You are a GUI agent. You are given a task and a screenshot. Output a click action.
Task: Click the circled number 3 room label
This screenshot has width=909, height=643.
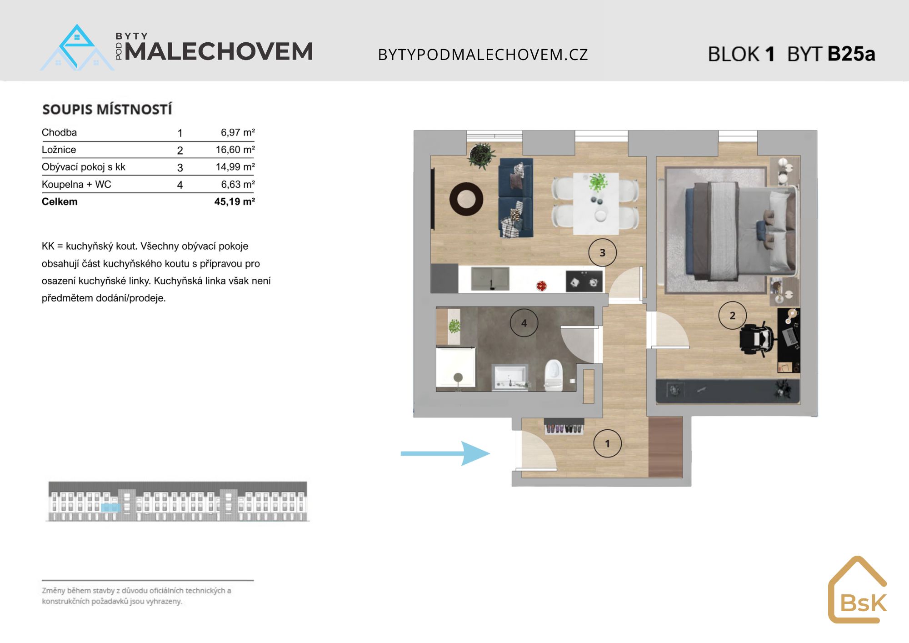[602, 252]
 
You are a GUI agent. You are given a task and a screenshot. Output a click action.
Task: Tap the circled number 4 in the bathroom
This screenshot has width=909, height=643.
[524, 323]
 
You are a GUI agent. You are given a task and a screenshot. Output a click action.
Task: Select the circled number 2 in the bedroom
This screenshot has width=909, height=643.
[732, 315]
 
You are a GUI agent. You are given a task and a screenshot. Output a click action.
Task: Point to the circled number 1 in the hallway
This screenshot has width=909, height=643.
[607, 443]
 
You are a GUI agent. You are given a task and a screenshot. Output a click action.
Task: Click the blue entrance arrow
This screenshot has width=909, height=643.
[445, 453]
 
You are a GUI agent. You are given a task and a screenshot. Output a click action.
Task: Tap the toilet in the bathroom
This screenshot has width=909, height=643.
[553, 375]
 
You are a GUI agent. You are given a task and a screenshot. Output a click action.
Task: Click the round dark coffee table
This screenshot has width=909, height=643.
[466, 199]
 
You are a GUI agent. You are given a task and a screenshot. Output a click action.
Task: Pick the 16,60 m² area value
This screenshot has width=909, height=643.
[235, 150]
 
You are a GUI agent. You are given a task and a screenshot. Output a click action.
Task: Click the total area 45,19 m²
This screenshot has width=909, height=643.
[235, 201]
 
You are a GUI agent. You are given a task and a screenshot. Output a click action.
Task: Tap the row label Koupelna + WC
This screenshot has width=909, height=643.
[76, 184]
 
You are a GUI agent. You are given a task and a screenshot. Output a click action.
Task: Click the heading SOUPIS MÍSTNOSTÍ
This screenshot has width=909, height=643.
[107, 109]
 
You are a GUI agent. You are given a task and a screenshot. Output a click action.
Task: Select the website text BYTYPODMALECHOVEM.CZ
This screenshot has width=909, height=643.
[483, 55]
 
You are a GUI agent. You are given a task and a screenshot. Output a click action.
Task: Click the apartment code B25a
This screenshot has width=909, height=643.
[851, 54]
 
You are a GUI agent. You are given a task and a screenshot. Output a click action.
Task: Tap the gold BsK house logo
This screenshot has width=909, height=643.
[857, 589]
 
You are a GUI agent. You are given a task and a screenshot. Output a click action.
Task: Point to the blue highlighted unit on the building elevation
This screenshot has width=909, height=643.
[110, 507]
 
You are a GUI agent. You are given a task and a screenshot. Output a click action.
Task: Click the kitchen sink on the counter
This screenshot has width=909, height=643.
[490, 278]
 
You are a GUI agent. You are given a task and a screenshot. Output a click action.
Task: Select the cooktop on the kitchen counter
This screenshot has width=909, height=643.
[584, 281]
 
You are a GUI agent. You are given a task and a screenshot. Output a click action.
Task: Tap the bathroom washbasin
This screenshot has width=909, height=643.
[510, 377]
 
